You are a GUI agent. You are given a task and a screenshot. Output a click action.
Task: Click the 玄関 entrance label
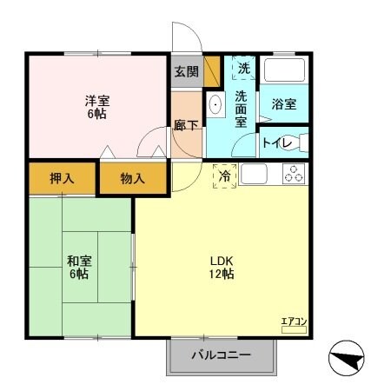(x=186, y=71)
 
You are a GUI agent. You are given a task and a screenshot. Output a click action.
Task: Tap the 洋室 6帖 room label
(x=96, y=106)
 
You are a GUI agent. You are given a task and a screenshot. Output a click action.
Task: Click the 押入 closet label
(x=62, y=179)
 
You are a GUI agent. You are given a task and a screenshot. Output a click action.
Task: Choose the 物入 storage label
(x=132, y=179)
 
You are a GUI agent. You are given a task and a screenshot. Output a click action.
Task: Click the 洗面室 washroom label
(x=242, y=109)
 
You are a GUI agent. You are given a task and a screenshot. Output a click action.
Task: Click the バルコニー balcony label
(x=221, y=355)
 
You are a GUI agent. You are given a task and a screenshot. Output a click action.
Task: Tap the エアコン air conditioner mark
(x=293, y=323)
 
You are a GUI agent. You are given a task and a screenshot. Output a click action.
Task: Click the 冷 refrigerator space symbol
(x=224, y=176)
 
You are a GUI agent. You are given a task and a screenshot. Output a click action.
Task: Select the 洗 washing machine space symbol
(x=242, y=67)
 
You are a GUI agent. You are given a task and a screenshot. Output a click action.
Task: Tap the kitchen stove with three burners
(x=294, y=174)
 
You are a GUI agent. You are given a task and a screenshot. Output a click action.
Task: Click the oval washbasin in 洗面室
(x=216, y=107)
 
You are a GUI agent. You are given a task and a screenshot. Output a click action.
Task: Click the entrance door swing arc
(x=184, y=36)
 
